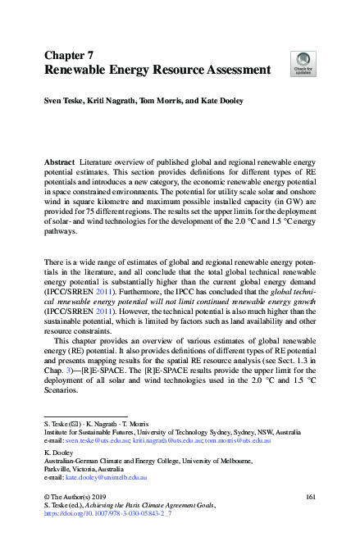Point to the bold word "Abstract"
[59, 163]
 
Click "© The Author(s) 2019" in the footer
[77, 498]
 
